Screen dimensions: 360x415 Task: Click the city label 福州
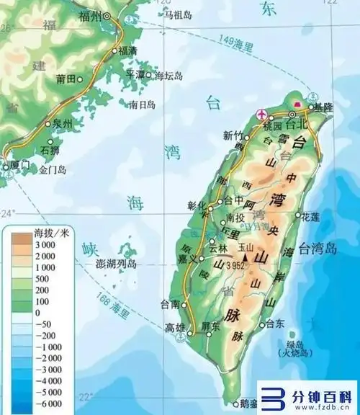[x=90, y=15]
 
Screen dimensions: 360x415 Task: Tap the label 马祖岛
[x=178, y=14]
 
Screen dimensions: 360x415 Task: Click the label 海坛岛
[x=168, y=75]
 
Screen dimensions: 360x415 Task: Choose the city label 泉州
[x=63, y=124]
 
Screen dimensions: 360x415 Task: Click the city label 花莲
[x=310, y=215]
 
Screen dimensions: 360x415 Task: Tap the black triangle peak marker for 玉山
[x=247, y=254]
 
